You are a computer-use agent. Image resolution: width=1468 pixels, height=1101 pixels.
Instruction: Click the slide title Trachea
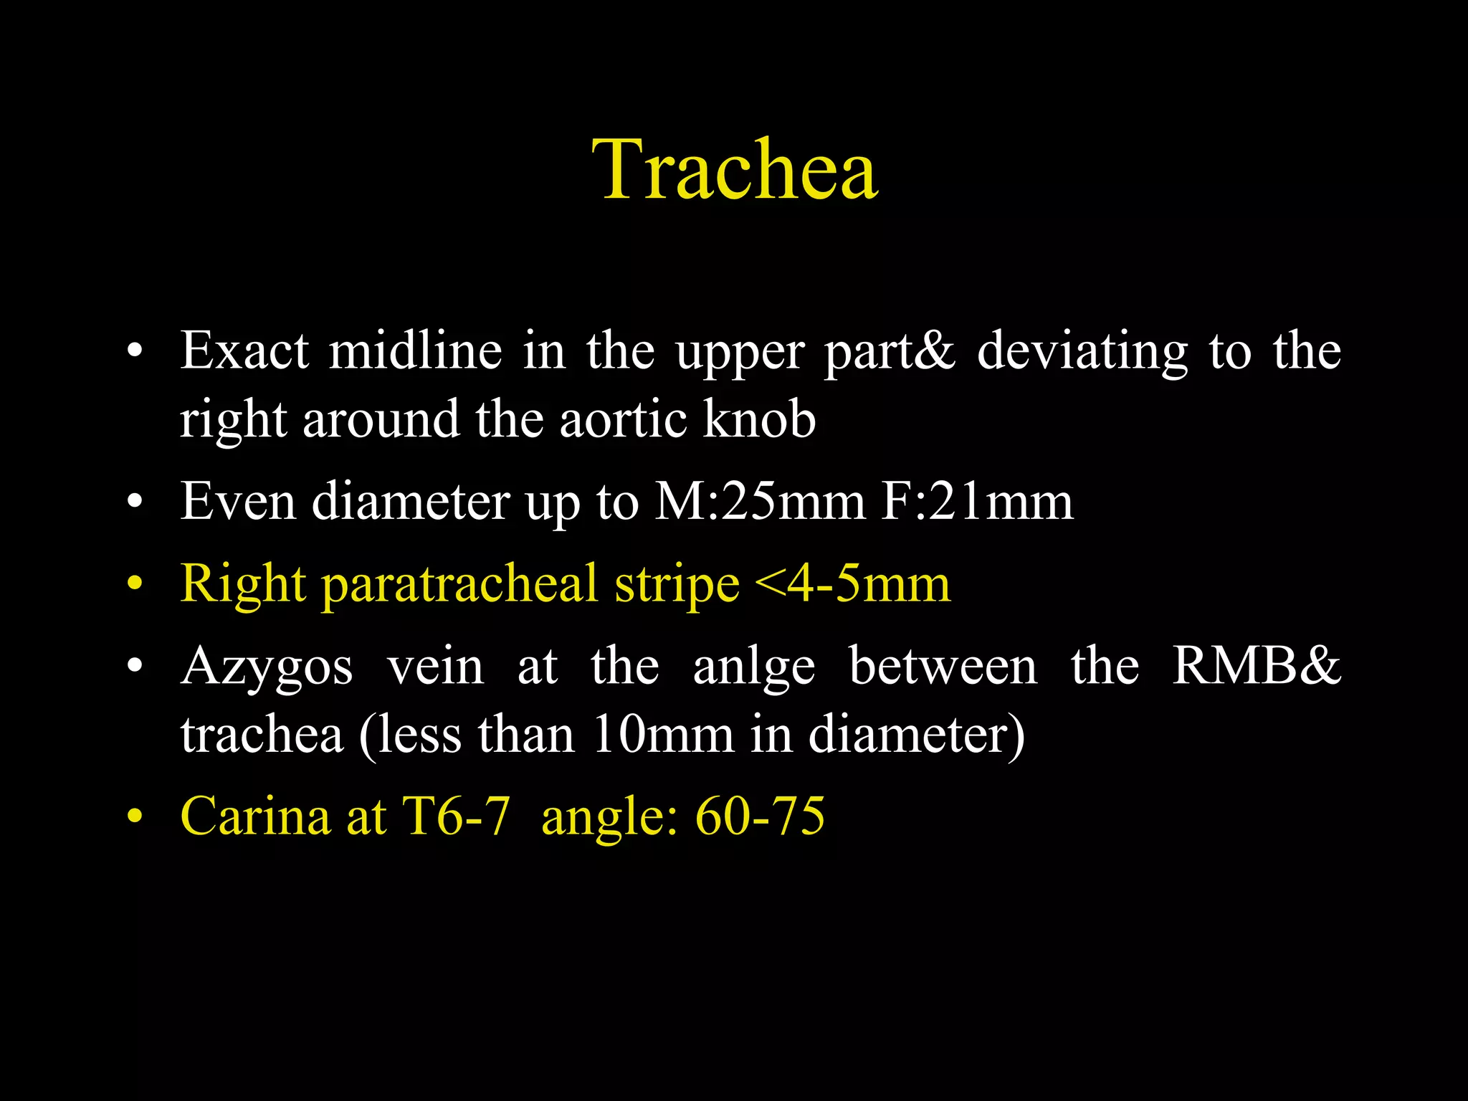coord(734,170)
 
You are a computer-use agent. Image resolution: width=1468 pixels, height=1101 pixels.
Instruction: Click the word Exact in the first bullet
coord(244,351)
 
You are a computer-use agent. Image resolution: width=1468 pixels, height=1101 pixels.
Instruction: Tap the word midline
coord(416,351)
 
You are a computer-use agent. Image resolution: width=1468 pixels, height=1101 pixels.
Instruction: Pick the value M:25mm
coord(760,502)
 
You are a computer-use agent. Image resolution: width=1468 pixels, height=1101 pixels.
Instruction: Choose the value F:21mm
coord(977,502)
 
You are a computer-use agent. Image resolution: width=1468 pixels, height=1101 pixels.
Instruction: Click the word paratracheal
coord(459,585)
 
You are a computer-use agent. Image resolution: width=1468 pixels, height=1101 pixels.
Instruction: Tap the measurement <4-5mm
coord(852,583)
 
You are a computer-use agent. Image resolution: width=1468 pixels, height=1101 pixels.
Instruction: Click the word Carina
coord(255,816)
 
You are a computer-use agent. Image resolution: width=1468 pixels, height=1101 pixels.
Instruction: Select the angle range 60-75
coord(760,816)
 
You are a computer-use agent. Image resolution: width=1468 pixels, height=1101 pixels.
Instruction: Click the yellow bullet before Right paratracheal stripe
coord(135,585)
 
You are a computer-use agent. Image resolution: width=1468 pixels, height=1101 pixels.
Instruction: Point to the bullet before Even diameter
coord(135,502)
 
